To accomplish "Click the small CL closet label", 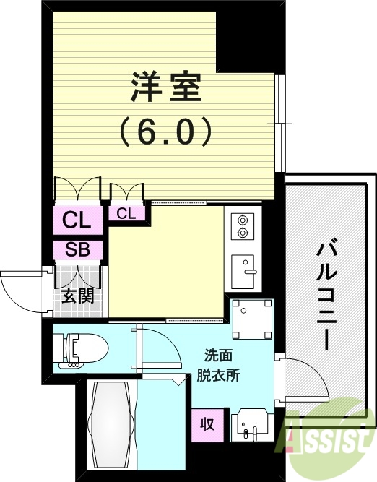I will click(126, 213).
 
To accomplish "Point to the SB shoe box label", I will click(77, 250).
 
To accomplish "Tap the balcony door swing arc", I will click(300, 379).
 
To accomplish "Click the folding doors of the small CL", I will click(127, 191).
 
